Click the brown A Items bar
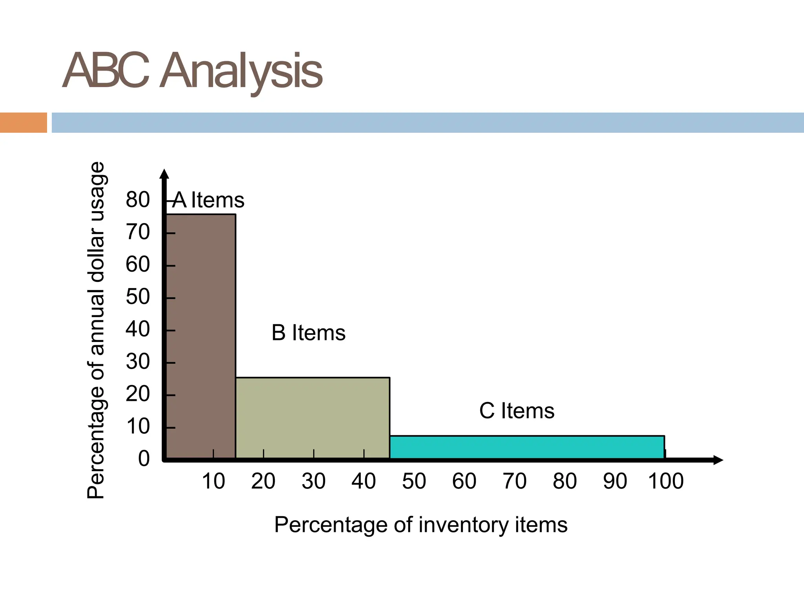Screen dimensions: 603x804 (x=201, y=336)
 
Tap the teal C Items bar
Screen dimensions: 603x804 (x=527, y=447)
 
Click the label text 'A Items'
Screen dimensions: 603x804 (x=208, y=200)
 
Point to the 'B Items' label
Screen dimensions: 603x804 (x=309, y=333)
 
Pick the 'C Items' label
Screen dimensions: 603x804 (x=517, y=411)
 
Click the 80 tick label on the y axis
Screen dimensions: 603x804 (x=138, y=199)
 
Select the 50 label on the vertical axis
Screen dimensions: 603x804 (x=138, y=296)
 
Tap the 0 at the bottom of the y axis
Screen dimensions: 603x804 (x=144, y=459)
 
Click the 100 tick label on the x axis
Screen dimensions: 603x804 (x=666, y=481)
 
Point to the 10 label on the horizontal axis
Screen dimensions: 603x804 (x=213, y=481)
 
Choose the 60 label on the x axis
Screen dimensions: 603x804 (x=464, y=481)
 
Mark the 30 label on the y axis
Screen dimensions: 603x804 (x=138, y=361)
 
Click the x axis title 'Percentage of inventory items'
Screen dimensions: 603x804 (x=421, y=524)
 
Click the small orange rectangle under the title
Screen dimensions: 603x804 (x=23, y=122)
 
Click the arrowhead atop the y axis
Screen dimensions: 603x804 (x=164, y=174)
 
